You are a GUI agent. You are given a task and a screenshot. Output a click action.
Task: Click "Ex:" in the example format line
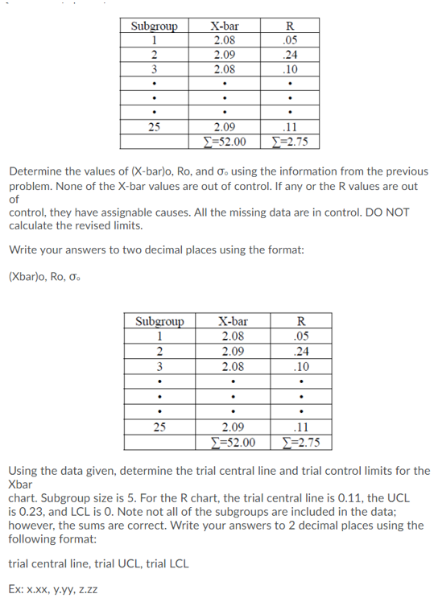pos(16,588)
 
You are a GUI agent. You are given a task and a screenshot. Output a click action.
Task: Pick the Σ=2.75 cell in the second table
pos(300,441)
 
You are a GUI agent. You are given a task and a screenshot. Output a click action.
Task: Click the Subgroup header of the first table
pos(153,25)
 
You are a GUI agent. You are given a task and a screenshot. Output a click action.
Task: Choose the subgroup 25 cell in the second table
pos(159,427)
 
